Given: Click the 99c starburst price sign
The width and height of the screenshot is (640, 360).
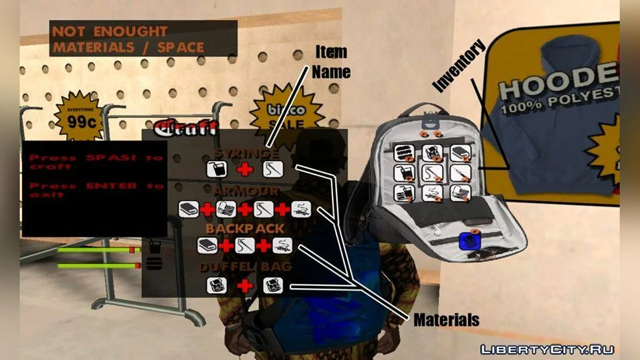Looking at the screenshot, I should pyautogui.click(x=78, y=118).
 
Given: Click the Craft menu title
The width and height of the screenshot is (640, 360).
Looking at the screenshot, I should pyautogui.click(x=185, y=128).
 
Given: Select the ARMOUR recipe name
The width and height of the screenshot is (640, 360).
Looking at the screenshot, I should pyautogui.click(x=246, y=191).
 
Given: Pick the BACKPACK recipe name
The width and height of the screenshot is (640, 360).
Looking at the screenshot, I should pyautogui.click(x=245, y=228).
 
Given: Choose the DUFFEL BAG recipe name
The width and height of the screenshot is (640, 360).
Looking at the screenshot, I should pyautogui.click(x=246, y=266).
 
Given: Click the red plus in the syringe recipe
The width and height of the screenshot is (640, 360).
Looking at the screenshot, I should pyautogui.click(x=245, y=170).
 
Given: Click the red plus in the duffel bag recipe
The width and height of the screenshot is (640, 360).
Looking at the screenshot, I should pyautogui.click(x=245, y=286).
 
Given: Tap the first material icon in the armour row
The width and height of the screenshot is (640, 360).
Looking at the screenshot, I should pyautogui.click(x=188, y=209).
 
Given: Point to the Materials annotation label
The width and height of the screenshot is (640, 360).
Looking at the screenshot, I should pyautogui.click(x=446, y=320).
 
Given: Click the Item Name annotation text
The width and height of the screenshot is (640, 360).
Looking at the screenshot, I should pyautogui.click(x=331, y=62).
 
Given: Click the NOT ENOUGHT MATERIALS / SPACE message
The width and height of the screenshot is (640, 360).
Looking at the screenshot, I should pyautogui.click(x=128, y=39).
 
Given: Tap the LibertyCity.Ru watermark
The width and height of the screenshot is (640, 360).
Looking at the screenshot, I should pyautogui.click(x=547, y=349).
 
